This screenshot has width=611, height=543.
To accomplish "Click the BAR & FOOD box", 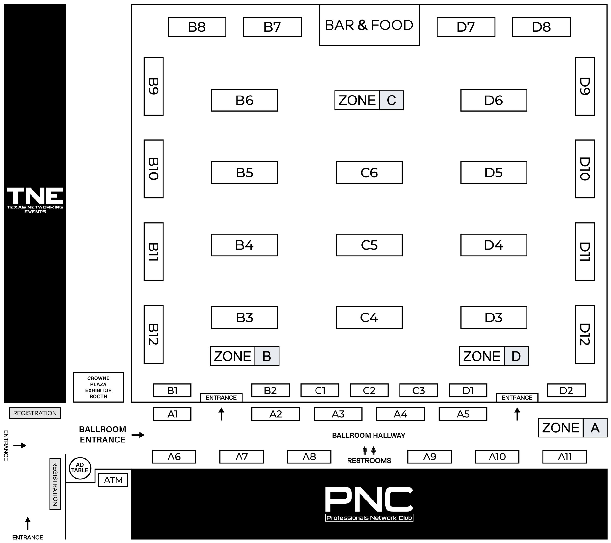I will coord(369,25).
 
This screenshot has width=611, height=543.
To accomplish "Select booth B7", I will coord(272,27).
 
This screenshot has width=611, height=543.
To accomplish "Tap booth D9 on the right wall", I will coord(585,86).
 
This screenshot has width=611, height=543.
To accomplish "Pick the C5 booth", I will coord(369,245).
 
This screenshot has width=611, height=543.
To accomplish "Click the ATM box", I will coord(113,480).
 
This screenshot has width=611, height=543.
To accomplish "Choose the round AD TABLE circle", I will coord(80,468).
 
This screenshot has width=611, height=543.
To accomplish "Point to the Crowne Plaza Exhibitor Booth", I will coord(98,387).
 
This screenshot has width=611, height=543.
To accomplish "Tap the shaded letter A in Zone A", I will coord(595,428).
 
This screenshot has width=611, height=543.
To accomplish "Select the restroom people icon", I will coord(369,450).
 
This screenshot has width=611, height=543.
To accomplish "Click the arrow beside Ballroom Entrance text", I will coord(138,435).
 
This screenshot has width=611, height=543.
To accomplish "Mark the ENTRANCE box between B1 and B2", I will coord(221,398).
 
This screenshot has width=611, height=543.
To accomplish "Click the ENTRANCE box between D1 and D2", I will coord(517,398).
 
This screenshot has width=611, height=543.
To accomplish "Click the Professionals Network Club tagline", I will coord(369,518).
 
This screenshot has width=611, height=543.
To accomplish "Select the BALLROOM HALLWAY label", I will coord(369,435).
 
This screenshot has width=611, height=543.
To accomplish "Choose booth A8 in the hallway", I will coord(309,457).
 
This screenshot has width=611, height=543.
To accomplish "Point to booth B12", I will coord(153,334).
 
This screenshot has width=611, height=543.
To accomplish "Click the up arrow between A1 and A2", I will coord(221,414).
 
